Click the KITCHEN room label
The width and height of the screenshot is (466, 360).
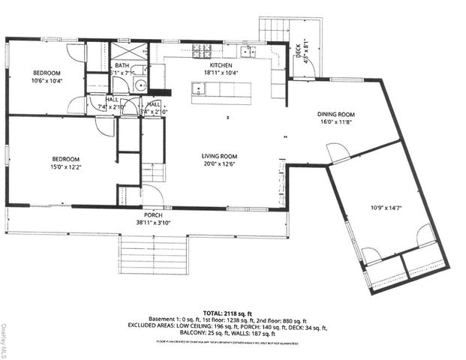221,65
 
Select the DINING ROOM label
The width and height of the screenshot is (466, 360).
337,114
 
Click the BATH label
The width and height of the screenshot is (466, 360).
122,66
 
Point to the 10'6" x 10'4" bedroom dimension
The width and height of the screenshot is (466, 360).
46,80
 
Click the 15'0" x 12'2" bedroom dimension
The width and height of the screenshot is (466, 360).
66,166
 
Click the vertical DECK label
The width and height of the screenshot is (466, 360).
298,50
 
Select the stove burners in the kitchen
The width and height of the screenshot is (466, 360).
201,51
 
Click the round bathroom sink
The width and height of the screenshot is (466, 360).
139,85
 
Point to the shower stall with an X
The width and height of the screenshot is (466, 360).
129,51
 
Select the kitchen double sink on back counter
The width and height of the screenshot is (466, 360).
248,51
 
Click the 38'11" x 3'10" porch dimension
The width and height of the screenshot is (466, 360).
153,222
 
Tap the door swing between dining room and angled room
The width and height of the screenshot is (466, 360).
337,154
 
